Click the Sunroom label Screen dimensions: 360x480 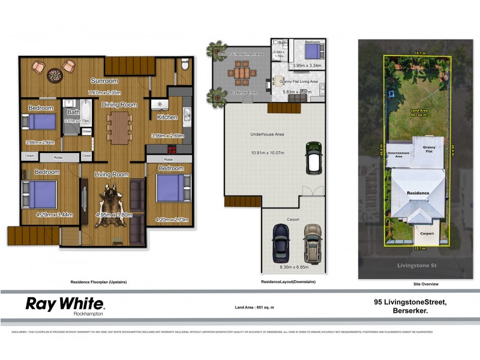104,80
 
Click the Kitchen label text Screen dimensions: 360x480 167,118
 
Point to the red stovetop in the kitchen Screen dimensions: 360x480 172,151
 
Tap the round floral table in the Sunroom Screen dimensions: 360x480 55,74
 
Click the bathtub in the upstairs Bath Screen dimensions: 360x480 84,112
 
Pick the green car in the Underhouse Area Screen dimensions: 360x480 313,158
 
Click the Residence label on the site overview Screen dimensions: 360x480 419,193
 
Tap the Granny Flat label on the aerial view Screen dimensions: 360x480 429,148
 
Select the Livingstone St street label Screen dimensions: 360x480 403,265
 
